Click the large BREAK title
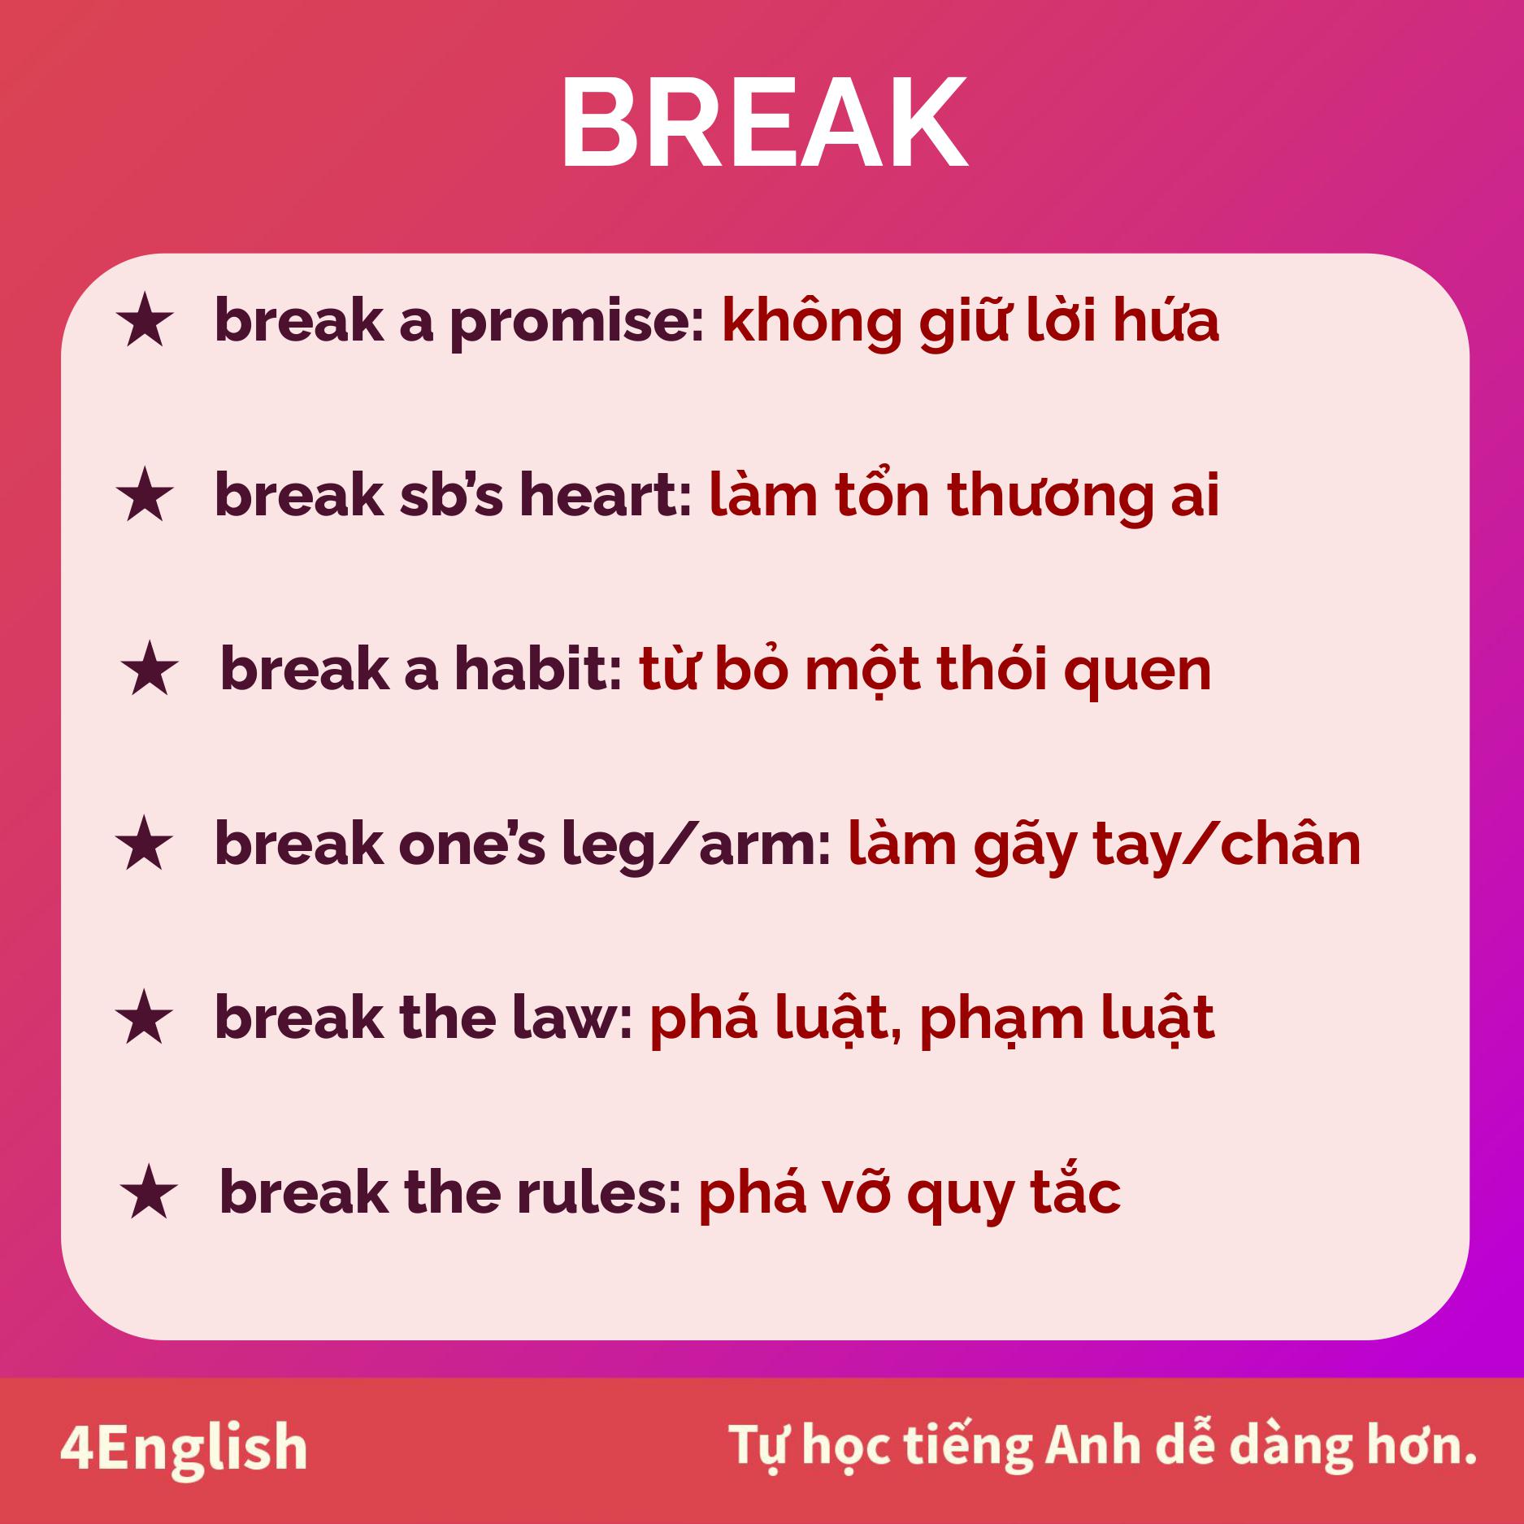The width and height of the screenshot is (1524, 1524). pos(764,123)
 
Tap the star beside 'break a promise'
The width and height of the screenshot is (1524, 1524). pos(145,323)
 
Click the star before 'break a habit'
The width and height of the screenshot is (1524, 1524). pos(150,668)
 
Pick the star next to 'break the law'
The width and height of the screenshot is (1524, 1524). pos(145,1018)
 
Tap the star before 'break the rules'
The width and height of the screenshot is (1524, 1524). pos(150,1192)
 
